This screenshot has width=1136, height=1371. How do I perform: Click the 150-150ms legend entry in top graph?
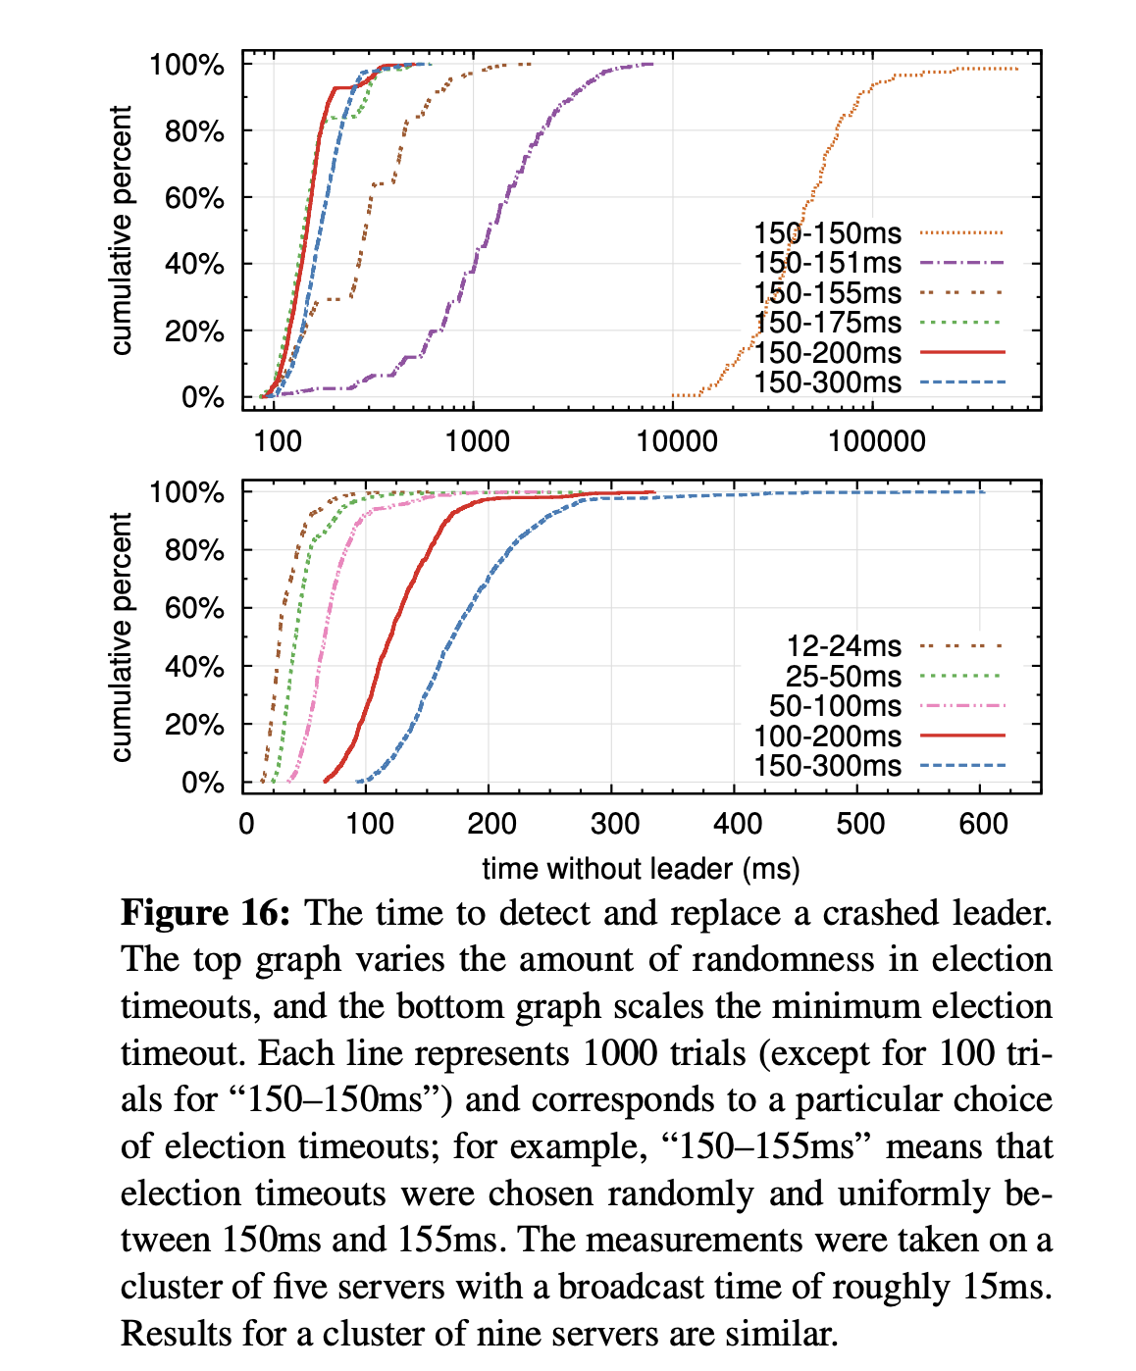(827, 233)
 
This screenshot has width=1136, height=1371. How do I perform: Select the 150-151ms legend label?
(827, 263)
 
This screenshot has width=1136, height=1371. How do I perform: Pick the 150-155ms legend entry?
(827, 293)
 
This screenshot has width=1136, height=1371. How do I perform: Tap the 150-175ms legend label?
(827, 323)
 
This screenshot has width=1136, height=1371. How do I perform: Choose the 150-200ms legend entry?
(827, 352)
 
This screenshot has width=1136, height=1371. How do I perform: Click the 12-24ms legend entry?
(844, 646)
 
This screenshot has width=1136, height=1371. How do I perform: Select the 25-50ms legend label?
(844, 676)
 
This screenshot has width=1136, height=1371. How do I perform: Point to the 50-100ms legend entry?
(835, 706)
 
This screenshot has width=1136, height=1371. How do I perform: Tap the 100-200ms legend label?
(827, 736)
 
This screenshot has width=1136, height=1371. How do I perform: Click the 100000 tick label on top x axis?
(877, 441)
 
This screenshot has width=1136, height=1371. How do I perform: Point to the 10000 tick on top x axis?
(677, 441)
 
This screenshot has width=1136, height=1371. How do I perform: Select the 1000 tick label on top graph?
(478, 441)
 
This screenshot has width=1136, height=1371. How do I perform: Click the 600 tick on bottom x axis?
(983, 823)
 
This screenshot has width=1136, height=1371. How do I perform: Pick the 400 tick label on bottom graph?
(737, 823)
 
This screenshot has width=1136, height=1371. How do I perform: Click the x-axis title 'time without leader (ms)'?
(641, 869)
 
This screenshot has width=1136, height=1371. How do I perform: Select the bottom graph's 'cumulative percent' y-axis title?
(122, 637)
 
